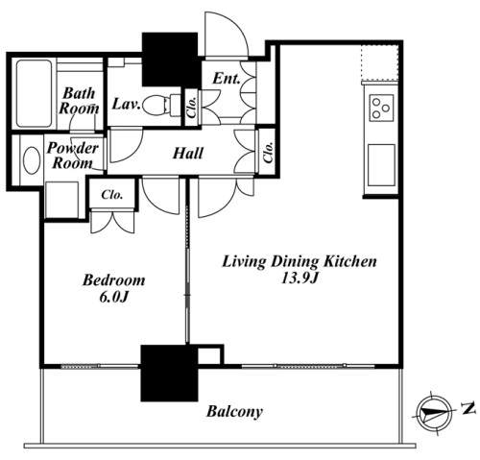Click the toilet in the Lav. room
tap(161, 105)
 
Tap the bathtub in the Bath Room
tap(34, 93)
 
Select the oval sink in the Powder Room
tap(32, 160)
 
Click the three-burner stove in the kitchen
tap(381, 108)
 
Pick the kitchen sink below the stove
tap(381, 165)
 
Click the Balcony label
tap(234, 411)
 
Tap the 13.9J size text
tap(299, 278)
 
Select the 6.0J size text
tap(114, 298)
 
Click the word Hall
tap(188, 154)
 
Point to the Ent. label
tap(227, 79)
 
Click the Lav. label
tap(126, 105)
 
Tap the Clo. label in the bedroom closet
tap(112, 195)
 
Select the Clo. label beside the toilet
tap(191, 107)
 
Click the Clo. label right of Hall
tap(268, 152)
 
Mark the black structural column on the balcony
tap(170, 374)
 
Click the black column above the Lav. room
tap(170, 60)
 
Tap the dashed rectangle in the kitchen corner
tap(380, 62)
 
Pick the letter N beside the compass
tap(468, 409)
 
